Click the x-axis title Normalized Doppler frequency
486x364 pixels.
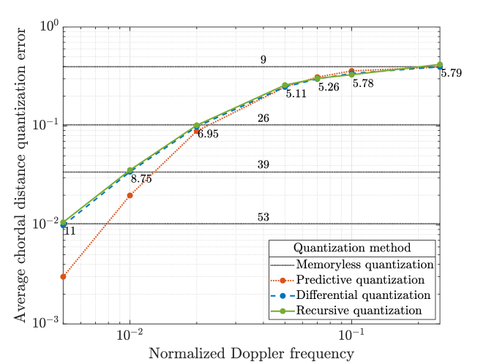pos(251,354)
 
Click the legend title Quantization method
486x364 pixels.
pos(353,248)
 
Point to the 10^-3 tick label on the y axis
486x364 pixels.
pos(46,323)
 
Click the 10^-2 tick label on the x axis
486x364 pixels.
pos(130,336)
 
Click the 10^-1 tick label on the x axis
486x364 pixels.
pos(352,336)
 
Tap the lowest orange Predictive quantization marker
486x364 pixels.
pos(64,277)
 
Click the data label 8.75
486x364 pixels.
pos(141,179)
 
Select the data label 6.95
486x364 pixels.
pos(209,134)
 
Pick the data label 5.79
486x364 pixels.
pos(451,74)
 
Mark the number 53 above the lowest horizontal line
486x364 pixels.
pos(263,217)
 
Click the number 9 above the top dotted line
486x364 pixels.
pos(263,59)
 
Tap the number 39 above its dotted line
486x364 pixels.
pos(263,164)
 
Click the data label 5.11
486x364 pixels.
pos(296,94)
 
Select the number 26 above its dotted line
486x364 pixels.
pos(263,118)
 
